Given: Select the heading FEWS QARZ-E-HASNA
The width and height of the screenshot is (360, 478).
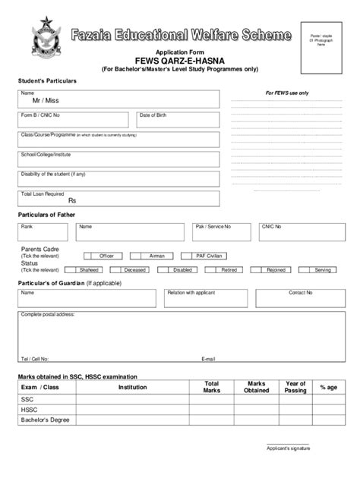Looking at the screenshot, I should point(180,60).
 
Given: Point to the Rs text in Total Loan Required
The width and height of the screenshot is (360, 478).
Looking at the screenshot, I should point(72,201).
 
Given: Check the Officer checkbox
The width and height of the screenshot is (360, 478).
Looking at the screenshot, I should point(89,256).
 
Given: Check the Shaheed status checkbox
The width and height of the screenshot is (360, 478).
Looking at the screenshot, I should point(70,269).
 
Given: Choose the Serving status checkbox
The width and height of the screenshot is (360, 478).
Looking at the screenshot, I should point(303,269).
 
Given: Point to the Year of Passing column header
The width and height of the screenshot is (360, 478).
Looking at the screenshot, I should point(295,387).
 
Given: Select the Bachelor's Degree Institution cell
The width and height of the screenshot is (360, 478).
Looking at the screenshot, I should point(132,420).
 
